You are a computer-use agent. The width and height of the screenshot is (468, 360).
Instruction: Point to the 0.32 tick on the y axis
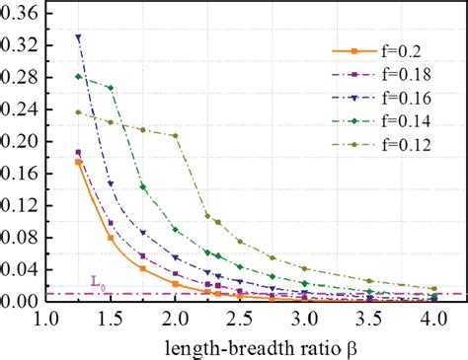click(x=21, y=46)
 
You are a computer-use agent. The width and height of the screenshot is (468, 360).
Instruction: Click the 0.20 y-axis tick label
click(x=21, y=142)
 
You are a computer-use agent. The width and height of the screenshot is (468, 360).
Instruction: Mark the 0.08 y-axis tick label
click(x=21, y=238)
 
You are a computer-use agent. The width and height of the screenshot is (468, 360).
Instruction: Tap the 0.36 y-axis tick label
click(x=21, y=15)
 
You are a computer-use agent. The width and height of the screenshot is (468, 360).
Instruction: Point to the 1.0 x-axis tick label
click(x=46, y=320)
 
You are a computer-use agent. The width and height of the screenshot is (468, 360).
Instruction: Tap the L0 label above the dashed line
click(x=96, y=284)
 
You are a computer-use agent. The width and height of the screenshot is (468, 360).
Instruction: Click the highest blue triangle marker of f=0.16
click(x=79, y=38)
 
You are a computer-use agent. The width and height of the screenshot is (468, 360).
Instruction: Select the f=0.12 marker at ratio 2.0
click(x=176, y=136)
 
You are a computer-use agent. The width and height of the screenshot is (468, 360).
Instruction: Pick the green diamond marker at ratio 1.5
click(x=111, y=88)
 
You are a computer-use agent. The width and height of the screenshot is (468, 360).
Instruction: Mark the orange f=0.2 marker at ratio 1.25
click(x=79, y=163)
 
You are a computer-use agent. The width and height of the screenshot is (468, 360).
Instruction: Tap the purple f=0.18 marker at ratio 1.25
click(x=79, y=153)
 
